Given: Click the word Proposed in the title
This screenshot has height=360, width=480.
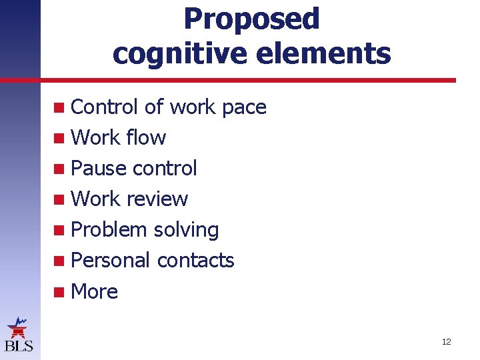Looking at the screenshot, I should (x=251, y=20).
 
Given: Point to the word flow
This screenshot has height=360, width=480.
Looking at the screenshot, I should (x=146, y=138).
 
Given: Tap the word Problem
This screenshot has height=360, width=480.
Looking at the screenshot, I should (x=109, y=230).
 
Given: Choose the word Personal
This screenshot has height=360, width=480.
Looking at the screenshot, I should (x=111, y=261).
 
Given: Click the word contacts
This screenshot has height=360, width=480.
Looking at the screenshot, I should (x=195, y=261).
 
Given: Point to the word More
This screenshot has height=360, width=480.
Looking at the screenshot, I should (x=94, y=291).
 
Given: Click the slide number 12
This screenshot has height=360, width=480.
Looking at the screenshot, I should (x=446, y=342).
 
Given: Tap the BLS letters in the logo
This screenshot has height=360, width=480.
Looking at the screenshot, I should (x=18, y=346).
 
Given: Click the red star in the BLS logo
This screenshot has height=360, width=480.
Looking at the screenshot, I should (x=17, y=329).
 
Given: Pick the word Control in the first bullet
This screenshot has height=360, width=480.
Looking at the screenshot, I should (x=104, y=107).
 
